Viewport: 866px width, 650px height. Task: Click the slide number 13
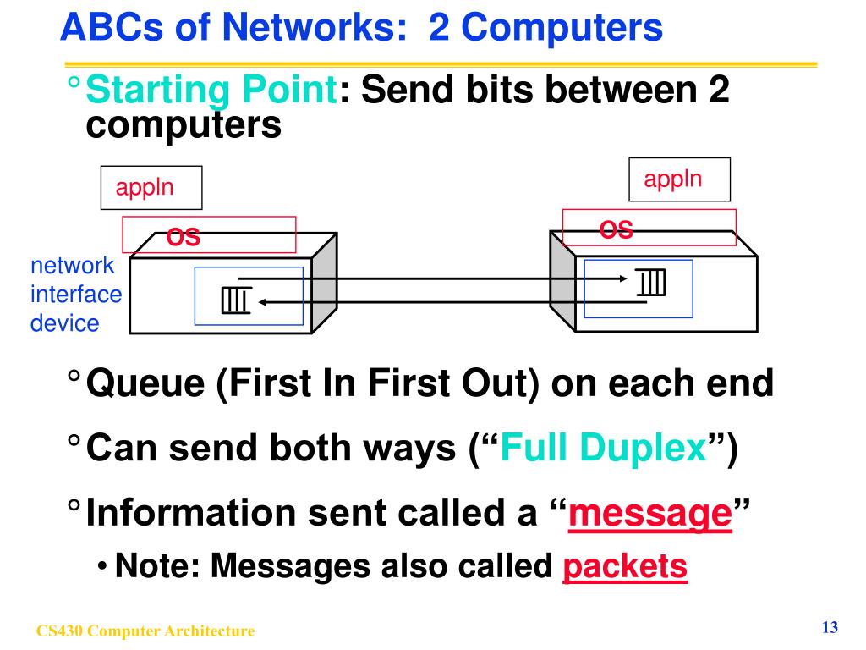829,627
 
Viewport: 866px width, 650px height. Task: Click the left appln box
151,187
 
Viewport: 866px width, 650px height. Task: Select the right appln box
678,179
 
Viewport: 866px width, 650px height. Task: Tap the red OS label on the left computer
184,237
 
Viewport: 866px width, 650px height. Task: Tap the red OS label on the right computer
617,229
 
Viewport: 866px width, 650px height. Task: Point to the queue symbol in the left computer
235,299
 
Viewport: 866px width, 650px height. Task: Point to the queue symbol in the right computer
651,281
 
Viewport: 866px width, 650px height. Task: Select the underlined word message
649,514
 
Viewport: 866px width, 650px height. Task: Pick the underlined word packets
624,566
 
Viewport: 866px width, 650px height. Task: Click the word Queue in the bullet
145,384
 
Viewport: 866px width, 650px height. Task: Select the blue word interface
76,295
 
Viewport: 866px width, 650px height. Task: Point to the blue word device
64,322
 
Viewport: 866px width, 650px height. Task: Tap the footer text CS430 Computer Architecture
145,631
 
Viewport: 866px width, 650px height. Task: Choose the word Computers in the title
562,28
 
